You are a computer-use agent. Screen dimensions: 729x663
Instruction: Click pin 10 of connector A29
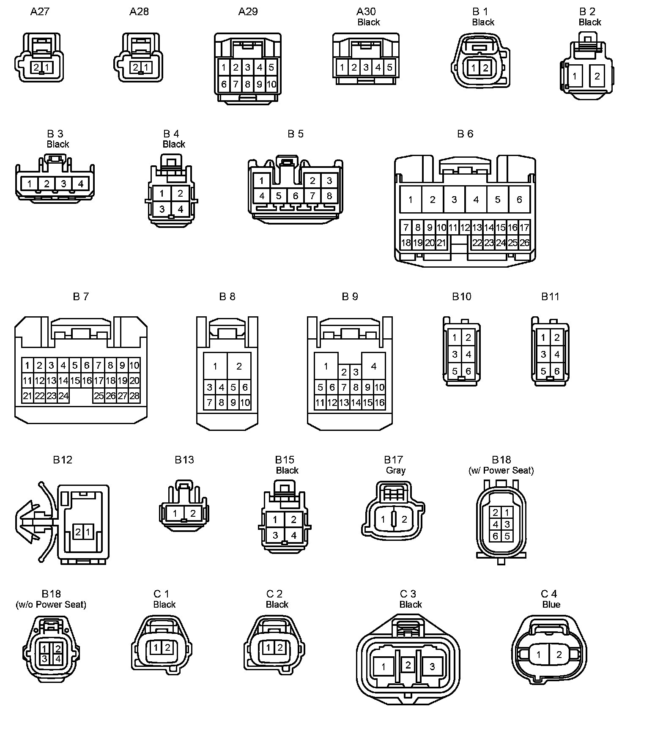tap(271, 84)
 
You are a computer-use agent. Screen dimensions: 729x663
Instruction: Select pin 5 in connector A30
tap(389, 67)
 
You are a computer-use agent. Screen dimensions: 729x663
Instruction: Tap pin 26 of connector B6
tap(524, 243)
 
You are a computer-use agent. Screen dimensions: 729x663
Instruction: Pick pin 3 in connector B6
tap(454, 200)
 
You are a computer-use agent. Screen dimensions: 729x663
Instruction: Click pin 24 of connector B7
tap(63, 396)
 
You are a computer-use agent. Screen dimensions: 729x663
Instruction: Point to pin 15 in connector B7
tap(75, 381)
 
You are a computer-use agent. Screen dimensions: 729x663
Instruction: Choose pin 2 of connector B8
tap(239, 366)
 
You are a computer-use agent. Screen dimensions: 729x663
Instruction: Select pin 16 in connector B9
tap(379, 403)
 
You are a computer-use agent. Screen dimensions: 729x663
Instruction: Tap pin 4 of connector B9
tap(373, 366)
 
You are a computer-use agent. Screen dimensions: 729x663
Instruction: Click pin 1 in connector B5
tap(262, 181)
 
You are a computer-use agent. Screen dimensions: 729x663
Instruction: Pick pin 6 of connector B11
tap(557, 371)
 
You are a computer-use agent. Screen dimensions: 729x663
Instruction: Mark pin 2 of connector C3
tap(408, 665)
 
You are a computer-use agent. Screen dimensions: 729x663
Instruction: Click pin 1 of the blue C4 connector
tap(538, 655)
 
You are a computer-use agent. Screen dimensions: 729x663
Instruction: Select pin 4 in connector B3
tap(80, 184)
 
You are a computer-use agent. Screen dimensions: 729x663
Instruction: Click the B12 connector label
tap(63, 460)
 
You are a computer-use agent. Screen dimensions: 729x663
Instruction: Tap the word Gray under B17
tap(395, 470)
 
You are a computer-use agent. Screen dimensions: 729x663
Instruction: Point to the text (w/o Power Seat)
tap(51, 605)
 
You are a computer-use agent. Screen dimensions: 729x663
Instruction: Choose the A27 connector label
tap(40, 11)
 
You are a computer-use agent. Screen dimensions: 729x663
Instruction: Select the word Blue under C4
tap(551, 605)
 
